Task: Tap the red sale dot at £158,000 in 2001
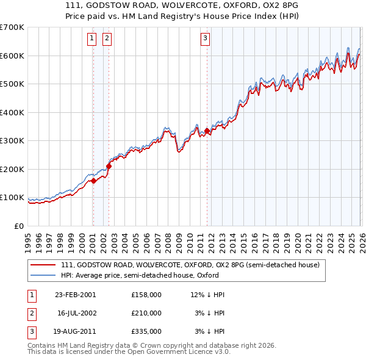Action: tap(93, 181)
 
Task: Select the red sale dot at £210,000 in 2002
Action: tap(109, 166)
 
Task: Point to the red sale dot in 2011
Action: tap(207, 131)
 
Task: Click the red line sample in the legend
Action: tap(44, 265)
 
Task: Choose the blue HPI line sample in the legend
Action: tap(44, 276)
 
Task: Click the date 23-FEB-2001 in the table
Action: tap(75, 295)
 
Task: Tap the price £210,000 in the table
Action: tap(146, 313)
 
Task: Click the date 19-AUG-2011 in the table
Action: tap(75, 331)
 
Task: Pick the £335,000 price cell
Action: tap(146, 331)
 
